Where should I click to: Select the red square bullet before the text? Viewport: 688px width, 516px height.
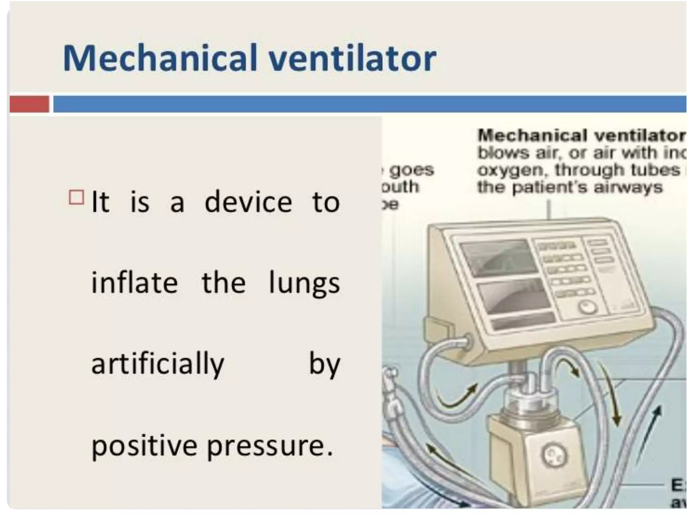(76, 198)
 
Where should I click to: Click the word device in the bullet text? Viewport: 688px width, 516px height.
(248, 202)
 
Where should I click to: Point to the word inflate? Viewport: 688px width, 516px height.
(134, 283)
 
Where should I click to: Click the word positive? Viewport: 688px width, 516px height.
(144, 446)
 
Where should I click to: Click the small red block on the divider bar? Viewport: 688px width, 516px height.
(29, 104)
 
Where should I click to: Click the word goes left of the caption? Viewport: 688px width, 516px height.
(412, 170)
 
